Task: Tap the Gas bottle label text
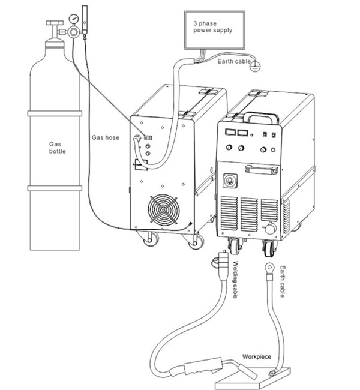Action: click(58, 148)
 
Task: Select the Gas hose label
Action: click(105, 137)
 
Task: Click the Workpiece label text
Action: click(256, 357)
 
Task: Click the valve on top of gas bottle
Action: click(53, 28)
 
